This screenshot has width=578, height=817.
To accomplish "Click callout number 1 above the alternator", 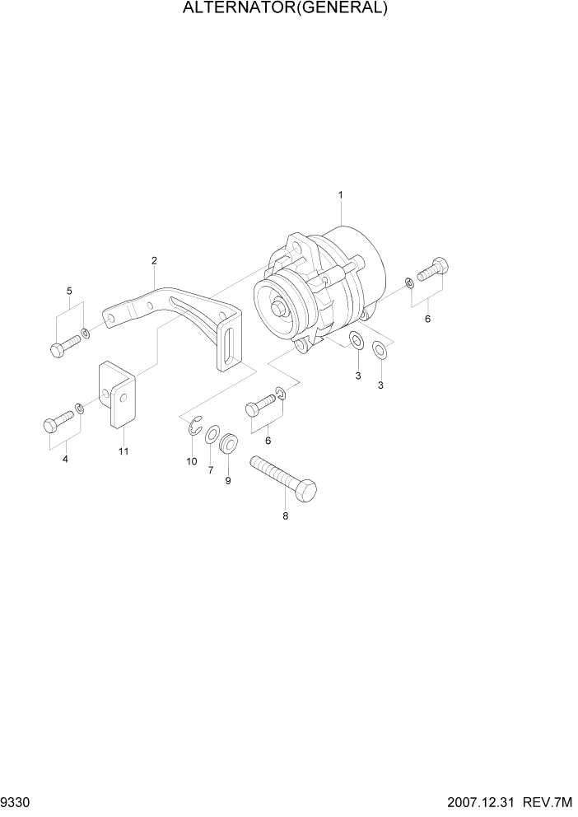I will coord(340,195).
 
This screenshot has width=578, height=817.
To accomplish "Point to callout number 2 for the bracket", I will coord(154,261).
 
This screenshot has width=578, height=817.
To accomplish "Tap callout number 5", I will coord(69,291).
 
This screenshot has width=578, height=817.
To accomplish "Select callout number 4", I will coord(65,459).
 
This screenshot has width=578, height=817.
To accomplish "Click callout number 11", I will coord(123,451).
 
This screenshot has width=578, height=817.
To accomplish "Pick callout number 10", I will coord(192,461).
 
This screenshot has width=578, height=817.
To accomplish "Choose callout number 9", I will coord(228,480).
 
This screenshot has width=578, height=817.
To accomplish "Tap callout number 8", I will coord(286,517).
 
